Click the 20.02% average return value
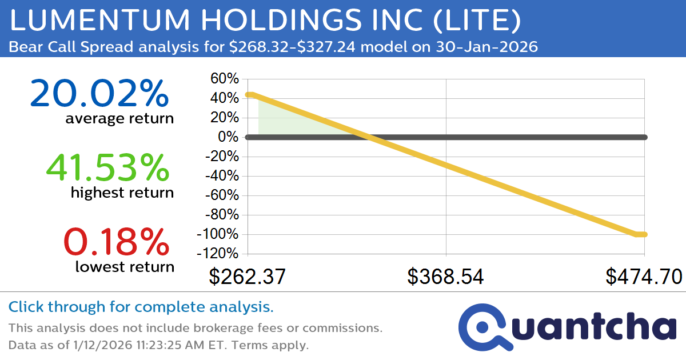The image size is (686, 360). click(99, 94)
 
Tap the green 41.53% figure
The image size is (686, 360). click(107, 168)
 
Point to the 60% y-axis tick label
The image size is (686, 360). click(225, 79)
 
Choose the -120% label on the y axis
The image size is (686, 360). click(218, 253)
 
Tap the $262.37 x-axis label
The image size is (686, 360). click(247, 277)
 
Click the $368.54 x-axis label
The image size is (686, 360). click(445, 277)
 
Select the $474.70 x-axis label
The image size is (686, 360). click(644, 277)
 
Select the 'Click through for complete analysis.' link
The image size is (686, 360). click(141, 307)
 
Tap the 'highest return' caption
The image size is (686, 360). click(122, 193)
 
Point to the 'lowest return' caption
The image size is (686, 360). click(125, 266)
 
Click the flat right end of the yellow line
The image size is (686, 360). click(641, 234)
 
